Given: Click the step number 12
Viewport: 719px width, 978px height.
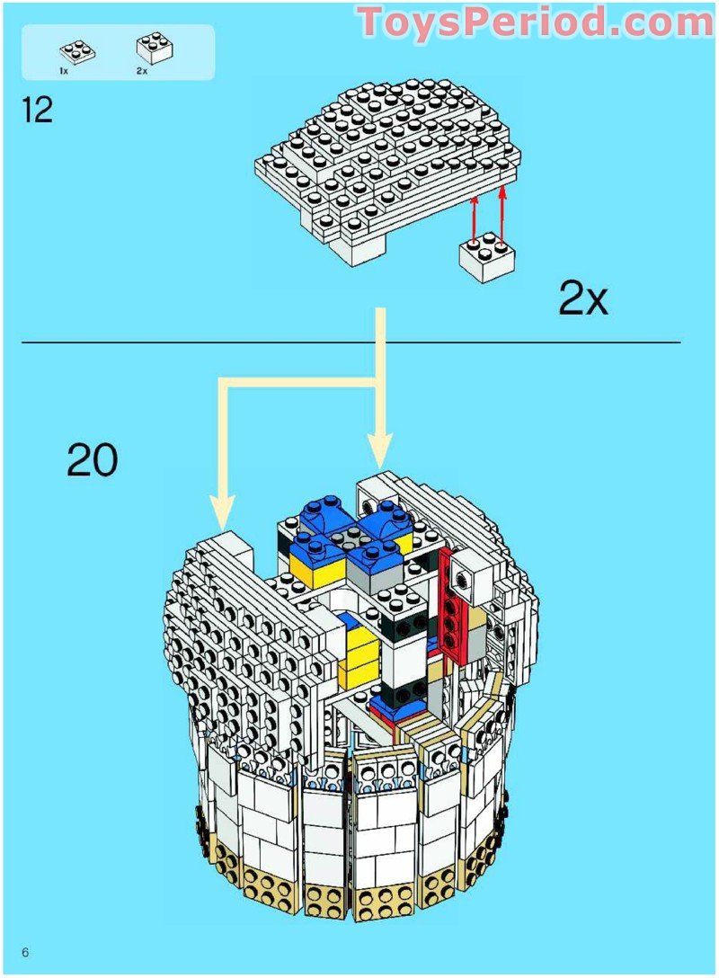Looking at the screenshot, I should pos(38,111).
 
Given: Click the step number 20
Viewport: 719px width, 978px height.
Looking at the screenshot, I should pos(92,461).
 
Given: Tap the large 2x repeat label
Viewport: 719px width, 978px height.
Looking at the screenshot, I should pos(583,298).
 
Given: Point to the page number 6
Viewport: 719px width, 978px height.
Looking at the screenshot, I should pos(27,953).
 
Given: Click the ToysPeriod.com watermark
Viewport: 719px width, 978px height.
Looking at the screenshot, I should pos(536,22).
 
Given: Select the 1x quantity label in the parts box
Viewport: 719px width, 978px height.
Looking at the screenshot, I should pos(65,69).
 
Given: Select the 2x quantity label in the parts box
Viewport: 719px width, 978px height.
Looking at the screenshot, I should pos(142,69).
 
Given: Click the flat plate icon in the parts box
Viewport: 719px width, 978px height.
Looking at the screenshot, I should pos(73,51).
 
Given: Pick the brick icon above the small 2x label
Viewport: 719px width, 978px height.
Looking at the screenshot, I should pos(154,48).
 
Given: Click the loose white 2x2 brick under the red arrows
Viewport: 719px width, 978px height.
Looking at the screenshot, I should pos(485,259).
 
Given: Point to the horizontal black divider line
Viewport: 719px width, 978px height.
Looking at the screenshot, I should pos(351,342).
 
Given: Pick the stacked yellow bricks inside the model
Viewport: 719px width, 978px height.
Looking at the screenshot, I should pos(361,650).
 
